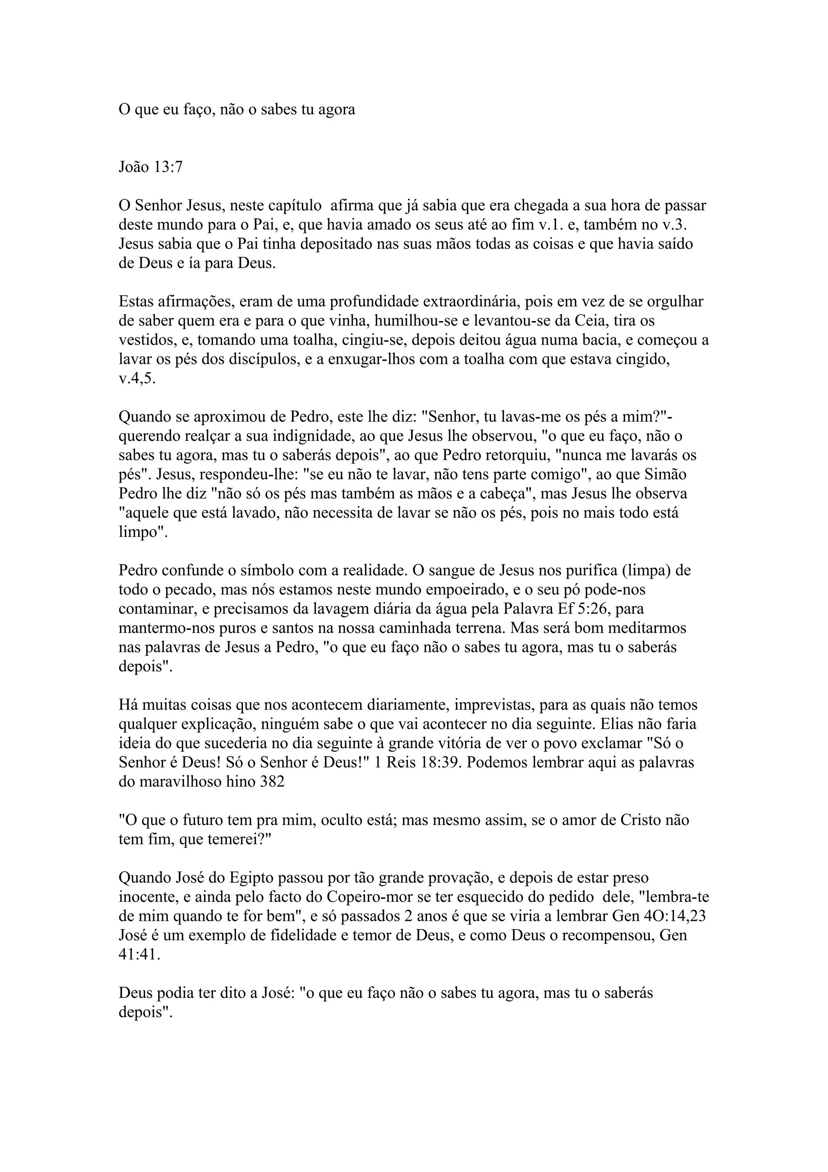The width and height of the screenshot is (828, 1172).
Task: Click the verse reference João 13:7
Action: [150, 167]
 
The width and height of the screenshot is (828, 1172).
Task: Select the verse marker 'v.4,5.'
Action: [137, 379]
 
